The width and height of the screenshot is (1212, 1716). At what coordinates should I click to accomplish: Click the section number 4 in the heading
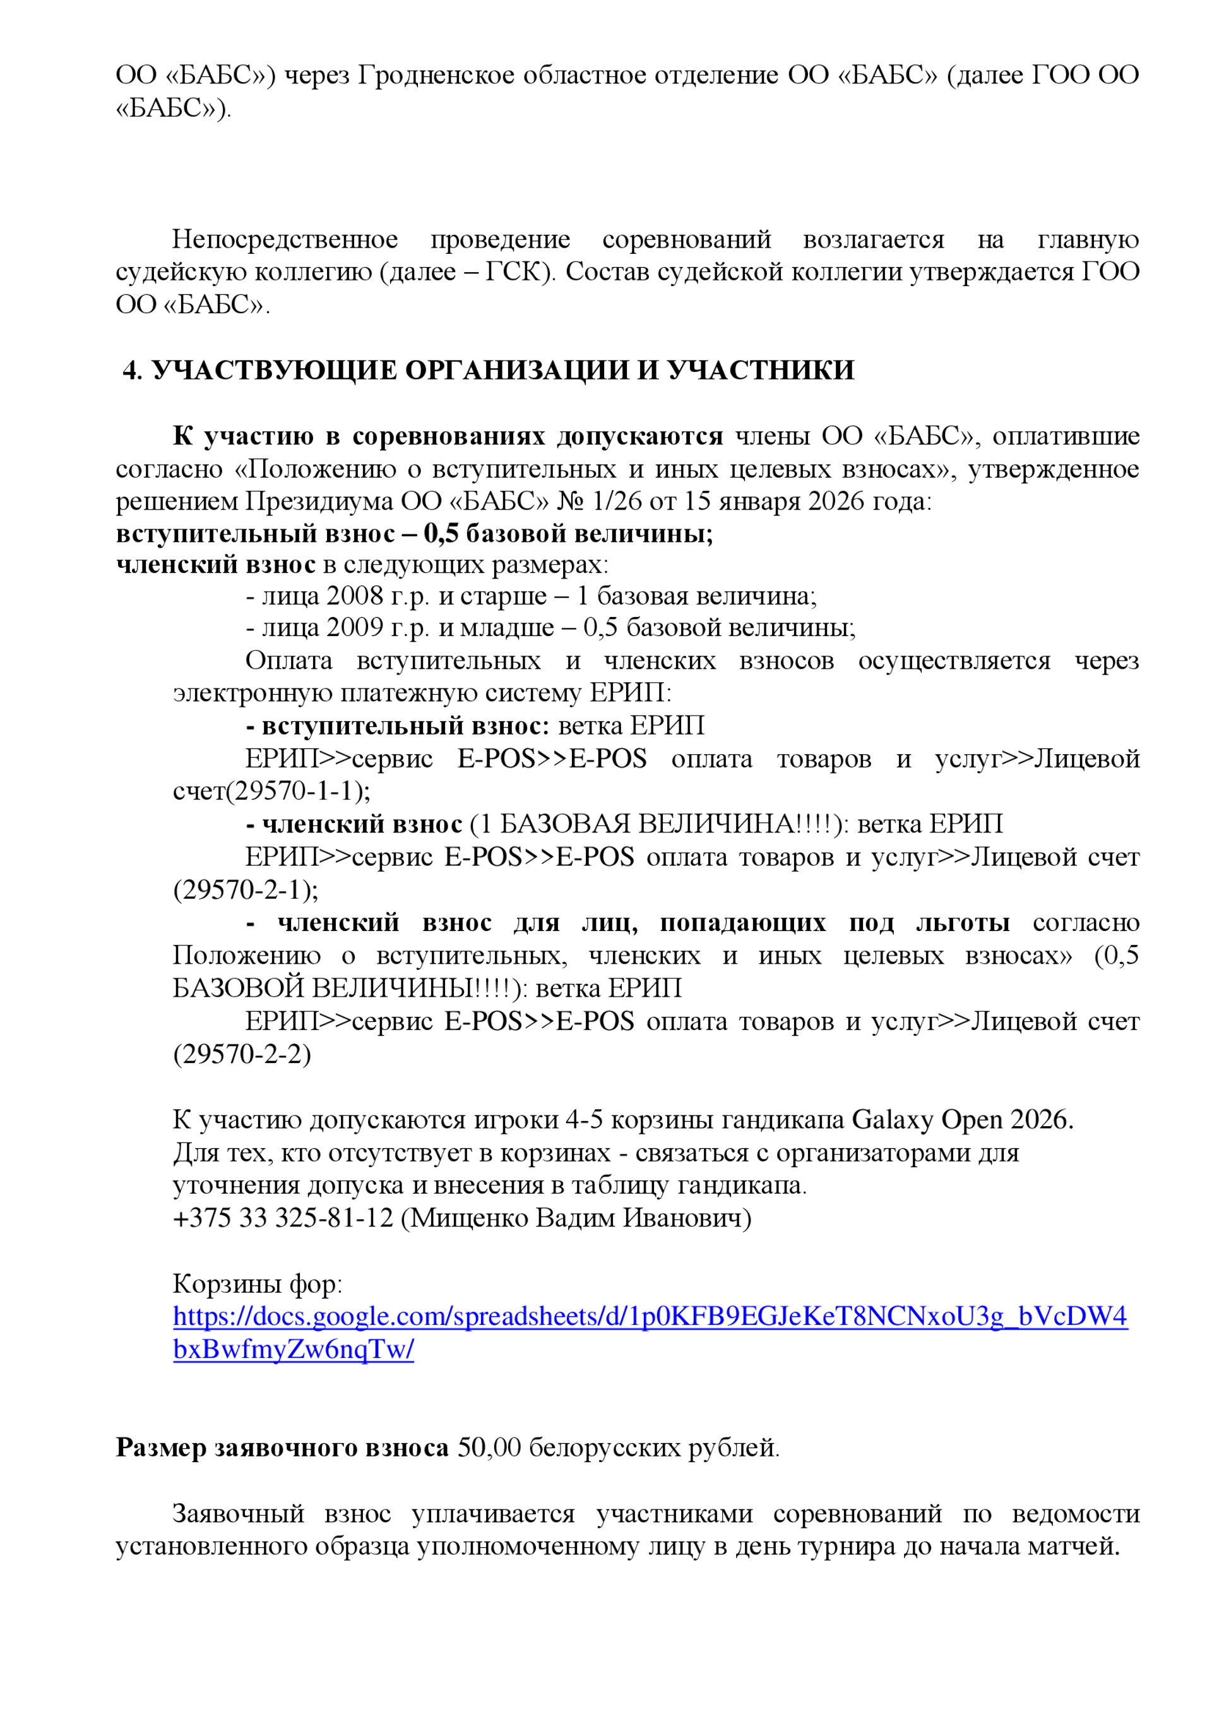pos(131,370)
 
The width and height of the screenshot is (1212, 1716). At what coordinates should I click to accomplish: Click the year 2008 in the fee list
pos(355,596)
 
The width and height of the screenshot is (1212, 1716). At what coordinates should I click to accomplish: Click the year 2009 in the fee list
pos(355,627)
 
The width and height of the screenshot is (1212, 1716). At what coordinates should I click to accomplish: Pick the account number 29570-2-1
pos(245,889)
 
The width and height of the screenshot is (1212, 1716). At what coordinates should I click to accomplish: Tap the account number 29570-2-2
pos(242,1054)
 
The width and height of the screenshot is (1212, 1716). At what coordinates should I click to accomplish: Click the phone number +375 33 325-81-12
pos(282,1218)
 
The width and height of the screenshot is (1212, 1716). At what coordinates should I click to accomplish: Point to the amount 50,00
pos(489,1448)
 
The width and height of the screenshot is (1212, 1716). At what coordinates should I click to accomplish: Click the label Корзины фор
pos(256,1283)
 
